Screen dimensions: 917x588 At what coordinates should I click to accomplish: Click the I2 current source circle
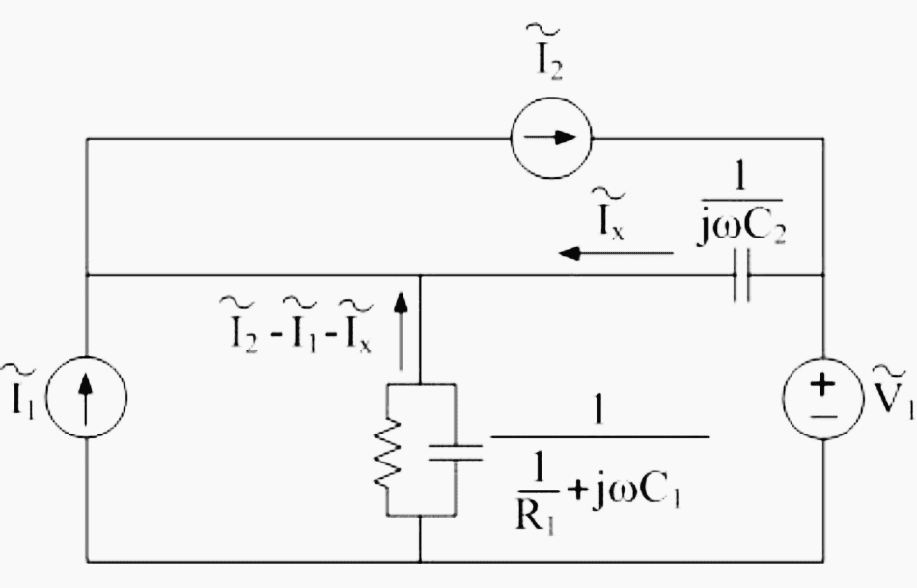pos(551,98)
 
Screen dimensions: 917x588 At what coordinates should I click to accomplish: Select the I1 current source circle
pos(86,357)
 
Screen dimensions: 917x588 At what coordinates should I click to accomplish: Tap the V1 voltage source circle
pos(823,358)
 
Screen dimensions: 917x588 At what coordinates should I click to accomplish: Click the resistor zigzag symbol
pos(387,454)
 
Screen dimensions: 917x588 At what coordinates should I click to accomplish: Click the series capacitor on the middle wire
pos(741,275)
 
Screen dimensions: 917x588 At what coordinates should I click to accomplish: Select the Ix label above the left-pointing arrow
pos(609,215)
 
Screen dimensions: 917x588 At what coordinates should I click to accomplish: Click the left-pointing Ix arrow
pos(616,253)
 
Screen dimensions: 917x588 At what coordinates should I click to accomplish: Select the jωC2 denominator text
pos(741,227)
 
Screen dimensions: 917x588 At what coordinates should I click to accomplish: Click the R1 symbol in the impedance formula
pos(535,516)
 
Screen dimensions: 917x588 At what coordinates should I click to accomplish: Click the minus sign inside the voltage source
pos(823,416)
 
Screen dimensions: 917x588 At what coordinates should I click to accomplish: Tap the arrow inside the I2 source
pos(550,138)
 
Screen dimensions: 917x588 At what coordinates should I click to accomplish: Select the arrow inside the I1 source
pos(86,399)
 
